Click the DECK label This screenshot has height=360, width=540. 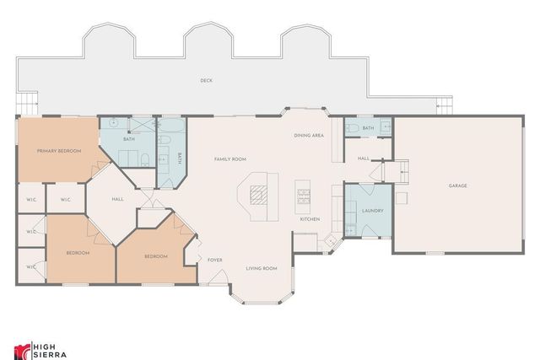pos(206,81)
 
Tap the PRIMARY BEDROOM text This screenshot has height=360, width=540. pos(59,151)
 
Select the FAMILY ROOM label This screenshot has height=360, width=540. pos(229,159)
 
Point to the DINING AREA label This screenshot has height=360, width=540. pos(309,135)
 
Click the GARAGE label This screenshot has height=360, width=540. pos(457,185)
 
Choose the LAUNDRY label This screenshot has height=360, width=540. pos(372,211)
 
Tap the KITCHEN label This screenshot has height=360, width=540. pos(310,219)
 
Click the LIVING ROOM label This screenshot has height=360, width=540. pos(262,268)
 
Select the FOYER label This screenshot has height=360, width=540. pos(215,260)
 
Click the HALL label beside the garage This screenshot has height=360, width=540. pos(364,158)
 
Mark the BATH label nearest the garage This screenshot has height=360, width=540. pos(367,128)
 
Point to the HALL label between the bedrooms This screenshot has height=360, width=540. pos(118,199)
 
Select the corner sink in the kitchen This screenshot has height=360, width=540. pos(332,240)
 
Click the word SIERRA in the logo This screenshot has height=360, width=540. pos(46,353)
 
